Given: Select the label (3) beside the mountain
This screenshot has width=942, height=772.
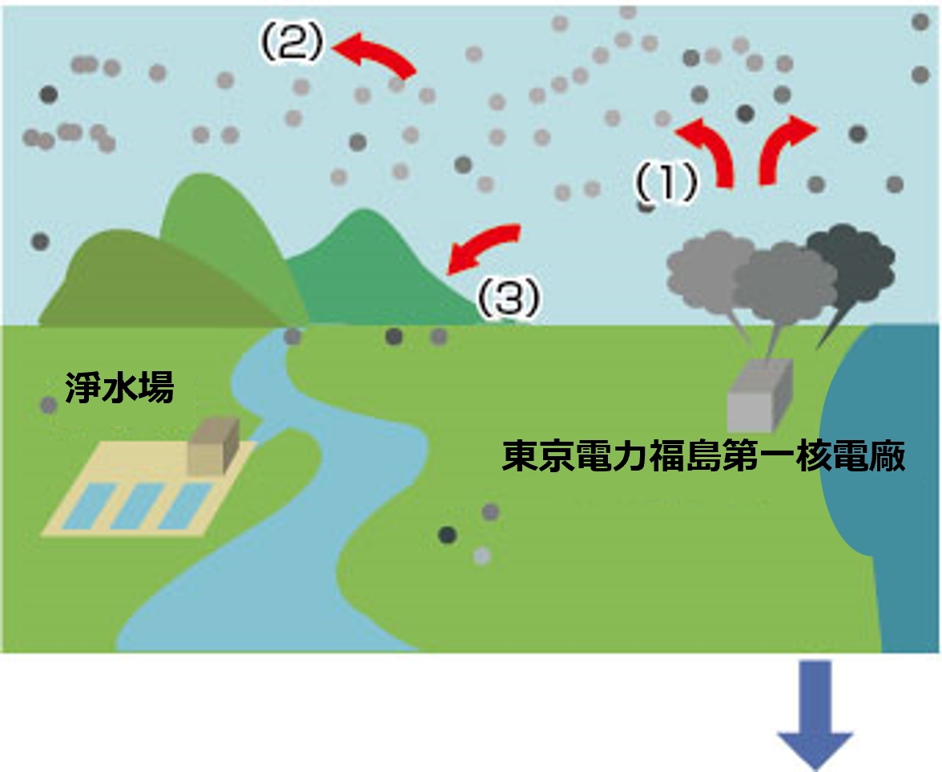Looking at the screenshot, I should (509, 300).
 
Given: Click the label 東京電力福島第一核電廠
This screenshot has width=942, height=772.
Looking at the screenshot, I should (704, 457).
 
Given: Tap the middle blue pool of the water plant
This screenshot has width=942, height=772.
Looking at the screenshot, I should (135, 506).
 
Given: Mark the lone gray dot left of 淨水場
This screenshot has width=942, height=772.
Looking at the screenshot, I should (49, 406).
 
